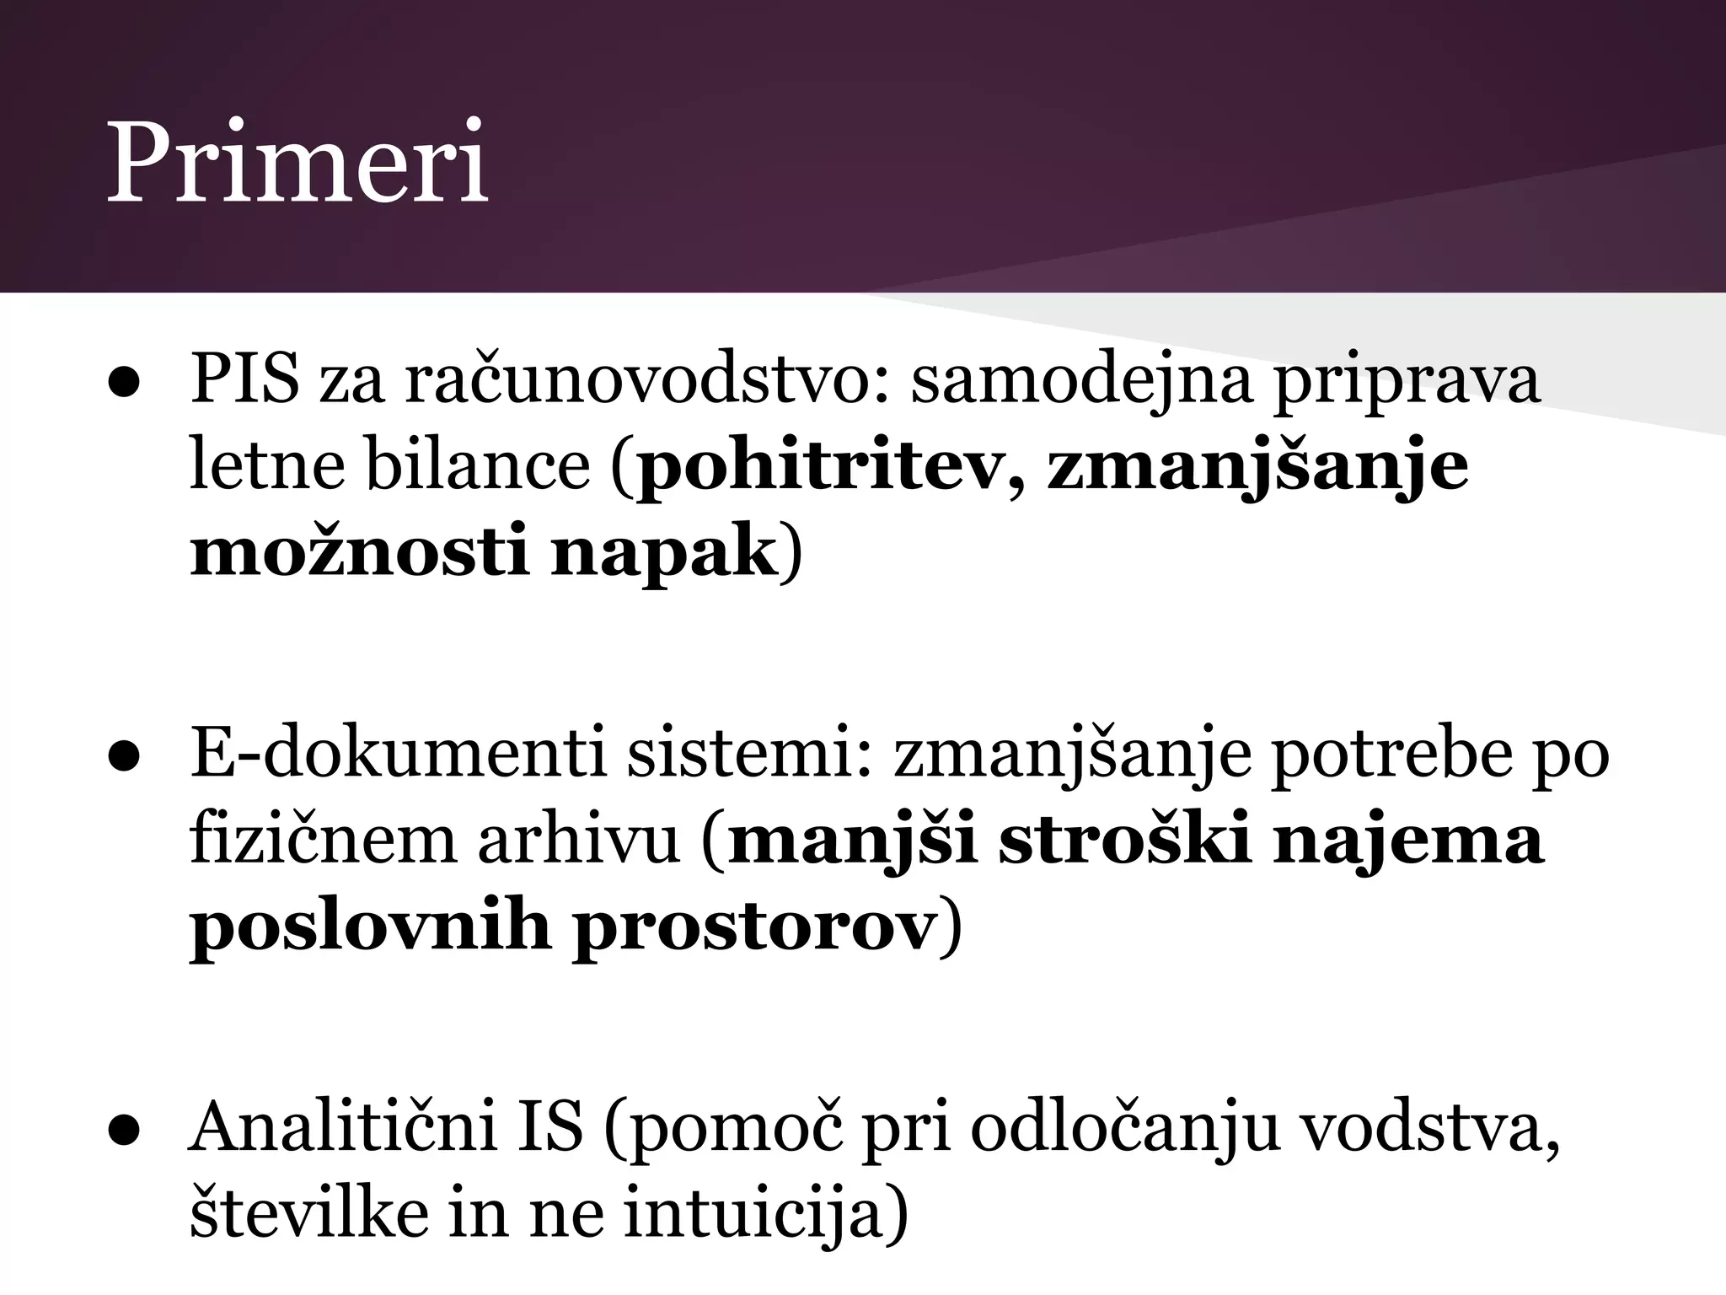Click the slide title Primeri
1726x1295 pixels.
pos(297,164)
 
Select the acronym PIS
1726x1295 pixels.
pos(244,380)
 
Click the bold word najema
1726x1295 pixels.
pos(1408,840)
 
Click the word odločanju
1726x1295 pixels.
pos(1117,1128)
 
